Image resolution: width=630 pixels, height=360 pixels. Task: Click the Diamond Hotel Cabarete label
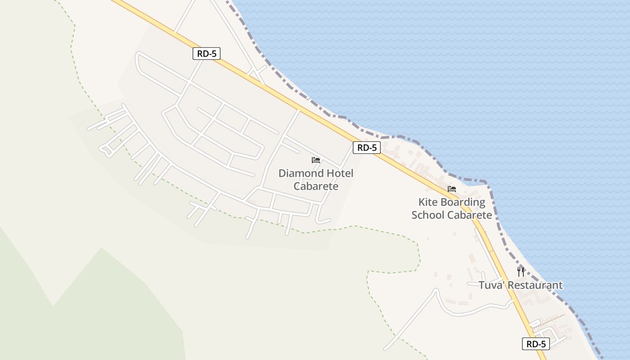pos(316,180)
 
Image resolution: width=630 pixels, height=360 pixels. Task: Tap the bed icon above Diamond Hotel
pos(316,160)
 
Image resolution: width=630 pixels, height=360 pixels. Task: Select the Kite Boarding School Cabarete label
pos(452,209)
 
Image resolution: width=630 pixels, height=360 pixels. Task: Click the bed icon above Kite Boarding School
pos(452,189)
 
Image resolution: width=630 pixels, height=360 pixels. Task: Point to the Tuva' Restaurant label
pos(521,285)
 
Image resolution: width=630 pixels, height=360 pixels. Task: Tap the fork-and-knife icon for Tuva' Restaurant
pos(521,271)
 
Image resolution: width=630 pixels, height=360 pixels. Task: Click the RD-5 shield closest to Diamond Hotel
pos(367,148)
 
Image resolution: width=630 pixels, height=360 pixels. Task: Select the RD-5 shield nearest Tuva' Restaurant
pos(536,344)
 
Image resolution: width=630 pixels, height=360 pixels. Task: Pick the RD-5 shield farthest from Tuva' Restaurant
pos(207,54)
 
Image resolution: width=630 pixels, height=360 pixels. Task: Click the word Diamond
pos(301,173)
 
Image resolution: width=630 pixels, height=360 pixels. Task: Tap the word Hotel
pos(340,173)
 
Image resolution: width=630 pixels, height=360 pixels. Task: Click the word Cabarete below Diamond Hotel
pos(316,186)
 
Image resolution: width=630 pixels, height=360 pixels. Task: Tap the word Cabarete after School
pos(469,215)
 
